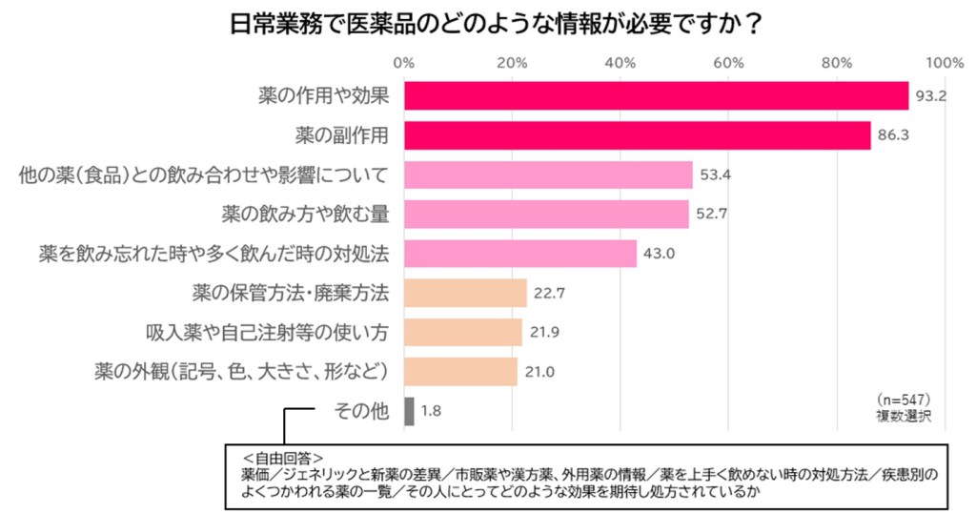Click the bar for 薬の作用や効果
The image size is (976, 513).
pos(656,96)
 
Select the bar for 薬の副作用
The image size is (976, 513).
pos(637,135)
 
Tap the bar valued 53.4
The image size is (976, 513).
pos(548,175)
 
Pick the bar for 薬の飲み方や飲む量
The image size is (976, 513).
pos(546,215)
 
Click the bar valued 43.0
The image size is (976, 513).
pos(520,254)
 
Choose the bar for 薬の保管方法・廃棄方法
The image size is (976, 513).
pos(465,293)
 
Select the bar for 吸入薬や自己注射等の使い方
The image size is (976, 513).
pos(463,332)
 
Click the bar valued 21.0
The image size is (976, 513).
pos(460,371)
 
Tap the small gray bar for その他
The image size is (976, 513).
pos(409,411)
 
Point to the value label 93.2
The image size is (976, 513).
pos(930,96)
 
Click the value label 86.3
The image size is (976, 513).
pos(893,135)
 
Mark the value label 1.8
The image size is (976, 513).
pos(432,411)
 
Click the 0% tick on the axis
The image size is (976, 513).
pos(404,62)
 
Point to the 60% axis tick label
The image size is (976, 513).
pos(728,62)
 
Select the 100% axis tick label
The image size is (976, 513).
pos(945,62)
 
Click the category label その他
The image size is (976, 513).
pos(361,411)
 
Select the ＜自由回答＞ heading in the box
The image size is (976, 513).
pos(283,457)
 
